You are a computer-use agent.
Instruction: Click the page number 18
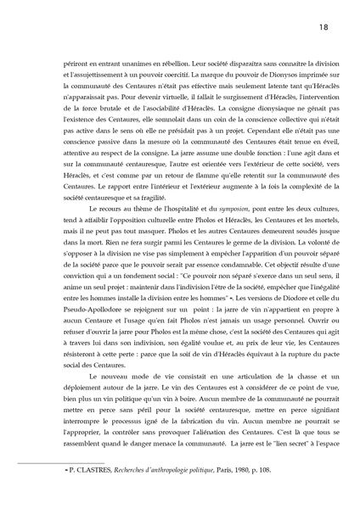323,27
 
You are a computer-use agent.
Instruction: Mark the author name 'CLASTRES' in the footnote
87,491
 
